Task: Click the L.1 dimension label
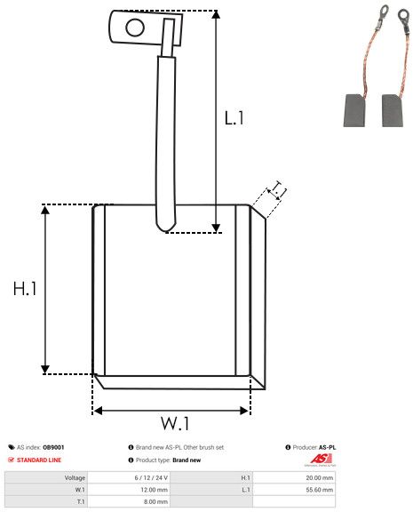coord(234,118)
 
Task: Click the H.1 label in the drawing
coord(24,289)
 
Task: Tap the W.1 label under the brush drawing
coord(175,421)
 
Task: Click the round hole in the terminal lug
coord(134,27)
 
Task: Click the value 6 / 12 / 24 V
coord(155,477)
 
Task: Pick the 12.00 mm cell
coord(155,489)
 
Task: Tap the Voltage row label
coord(75,477)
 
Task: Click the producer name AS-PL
coord(327,447)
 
